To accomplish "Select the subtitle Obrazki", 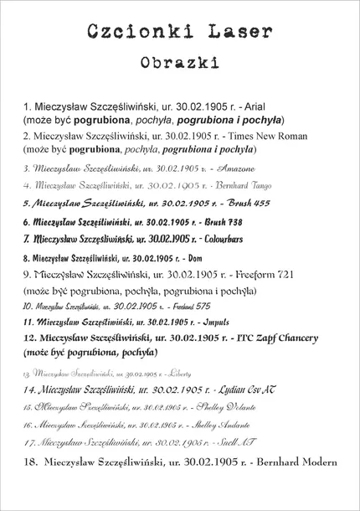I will (x=180, y=63).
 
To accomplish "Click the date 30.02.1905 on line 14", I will (x=175, y=390).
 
